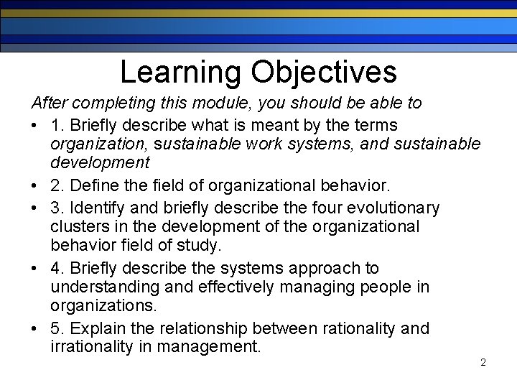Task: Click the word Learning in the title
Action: point(180,72)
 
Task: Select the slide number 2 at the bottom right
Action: point(483,363)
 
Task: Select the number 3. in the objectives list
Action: point(57,208)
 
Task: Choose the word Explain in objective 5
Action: point(98,328)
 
